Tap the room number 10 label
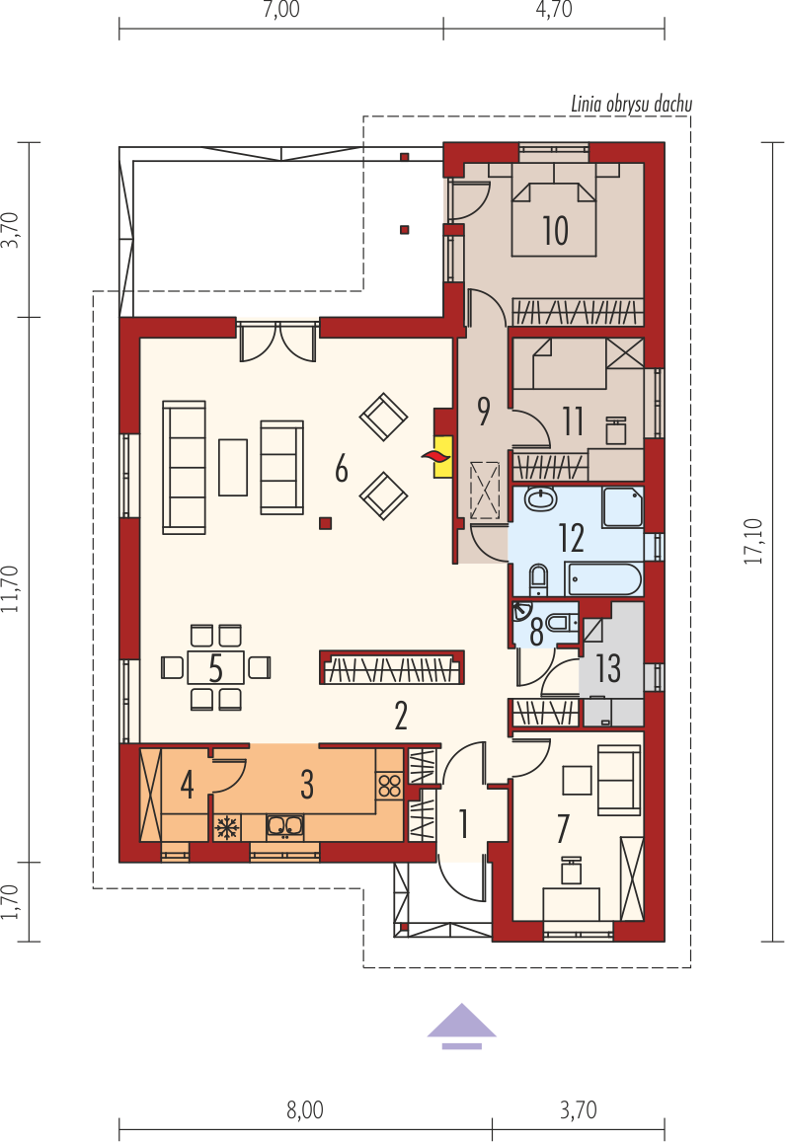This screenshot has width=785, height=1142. [555, 231]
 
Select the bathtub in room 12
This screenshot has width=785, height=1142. [603, 579]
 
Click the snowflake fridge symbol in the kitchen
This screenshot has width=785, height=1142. [227, 826]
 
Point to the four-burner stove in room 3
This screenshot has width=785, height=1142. [389, 786]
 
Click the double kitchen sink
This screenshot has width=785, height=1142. [285, 826]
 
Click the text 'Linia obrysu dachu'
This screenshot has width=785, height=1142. [631, 105]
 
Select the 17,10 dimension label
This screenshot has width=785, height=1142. [753, 541]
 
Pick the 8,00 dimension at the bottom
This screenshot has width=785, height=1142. [305, 1110]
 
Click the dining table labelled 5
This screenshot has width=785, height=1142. [215, 666]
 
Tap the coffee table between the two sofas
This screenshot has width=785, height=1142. [233, 467]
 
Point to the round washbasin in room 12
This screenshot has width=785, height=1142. [540, 499]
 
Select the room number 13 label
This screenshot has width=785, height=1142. [608, 668]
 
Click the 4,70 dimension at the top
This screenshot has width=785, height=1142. [554, 10]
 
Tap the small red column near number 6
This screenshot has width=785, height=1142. [325, 522]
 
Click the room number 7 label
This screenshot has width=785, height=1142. [563, 829]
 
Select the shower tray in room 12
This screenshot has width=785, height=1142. [622, 507]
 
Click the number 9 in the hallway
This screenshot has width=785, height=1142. [483, 411]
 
